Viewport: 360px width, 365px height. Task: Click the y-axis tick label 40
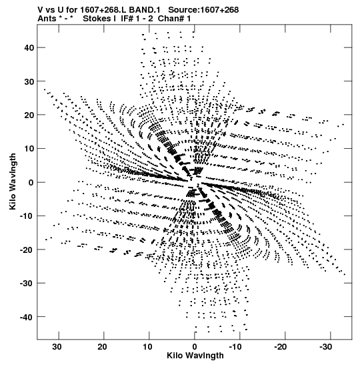click(29, 48)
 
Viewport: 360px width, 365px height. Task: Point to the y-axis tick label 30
click(29, 81)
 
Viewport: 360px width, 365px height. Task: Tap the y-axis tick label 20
click(29, 115)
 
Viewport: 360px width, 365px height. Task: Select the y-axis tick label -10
click(27, 216)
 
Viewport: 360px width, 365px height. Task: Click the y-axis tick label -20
click(27, 250)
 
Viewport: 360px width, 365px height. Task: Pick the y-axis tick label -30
click(27, 284)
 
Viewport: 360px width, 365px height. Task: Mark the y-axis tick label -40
click(27, 317)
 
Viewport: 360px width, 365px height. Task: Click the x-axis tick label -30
click(325, 347)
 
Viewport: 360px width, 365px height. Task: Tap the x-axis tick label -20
click(281, 347)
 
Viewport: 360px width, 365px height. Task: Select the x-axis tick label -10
click(235, 347)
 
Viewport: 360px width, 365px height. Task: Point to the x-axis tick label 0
click(195, 347)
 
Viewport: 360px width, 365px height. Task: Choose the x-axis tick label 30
click(57, 347)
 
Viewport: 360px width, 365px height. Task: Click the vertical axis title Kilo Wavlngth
click(13, 181)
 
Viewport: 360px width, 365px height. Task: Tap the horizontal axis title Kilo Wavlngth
click(195, 356)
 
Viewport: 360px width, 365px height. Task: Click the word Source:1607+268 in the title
click(203, 10)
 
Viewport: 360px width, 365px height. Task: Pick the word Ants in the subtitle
click(47, 19)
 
